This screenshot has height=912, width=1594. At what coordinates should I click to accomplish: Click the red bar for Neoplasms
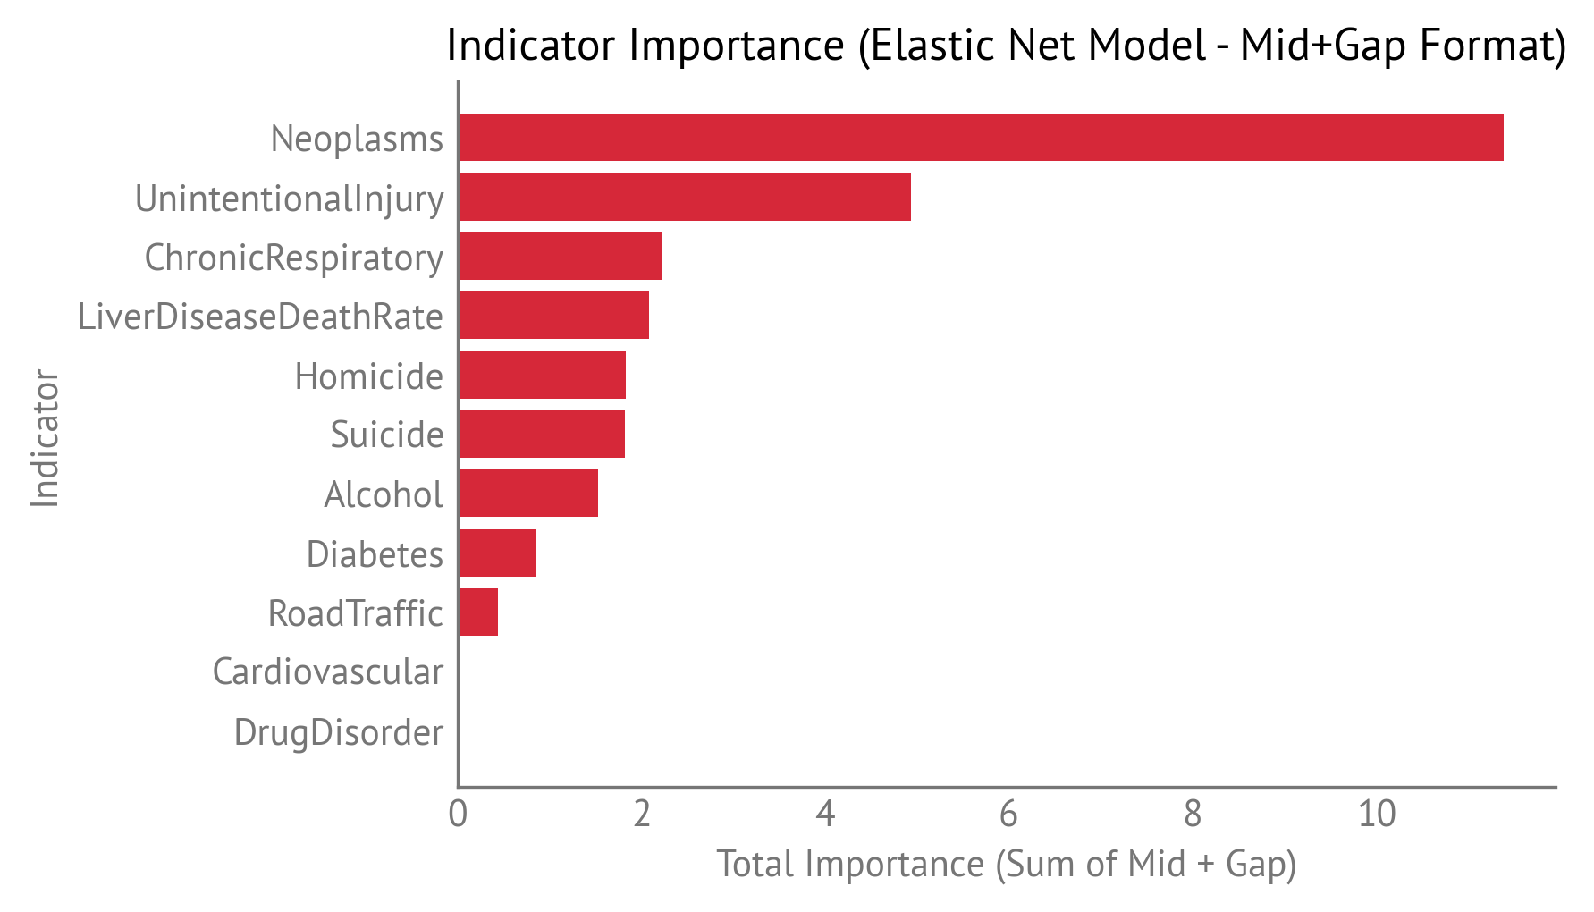[981, 138]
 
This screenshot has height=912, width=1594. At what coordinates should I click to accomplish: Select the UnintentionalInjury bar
[685, 197]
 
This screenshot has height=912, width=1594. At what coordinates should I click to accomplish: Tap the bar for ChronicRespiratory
[560, 257]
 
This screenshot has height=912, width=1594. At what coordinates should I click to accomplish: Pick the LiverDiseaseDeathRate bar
[553, 316]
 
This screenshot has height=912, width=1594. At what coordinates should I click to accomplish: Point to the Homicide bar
[542, 376]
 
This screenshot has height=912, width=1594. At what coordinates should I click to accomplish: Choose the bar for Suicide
[542, 435]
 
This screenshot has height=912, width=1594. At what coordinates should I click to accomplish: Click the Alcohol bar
[528, 494]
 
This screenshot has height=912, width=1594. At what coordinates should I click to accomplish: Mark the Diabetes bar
[497, 553]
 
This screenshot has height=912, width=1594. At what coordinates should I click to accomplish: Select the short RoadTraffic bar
[478, 612]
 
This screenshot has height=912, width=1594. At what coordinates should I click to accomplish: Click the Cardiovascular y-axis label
[327, 672]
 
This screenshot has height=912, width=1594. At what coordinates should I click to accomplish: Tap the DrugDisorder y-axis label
[338, 732]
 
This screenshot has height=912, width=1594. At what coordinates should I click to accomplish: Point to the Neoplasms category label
[357, 139]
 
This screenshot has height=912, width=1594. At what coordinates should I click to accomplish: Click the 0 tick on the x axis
[458, 815]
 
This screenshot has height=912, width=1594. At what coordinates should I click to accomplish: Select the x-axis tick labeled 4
[825, 815]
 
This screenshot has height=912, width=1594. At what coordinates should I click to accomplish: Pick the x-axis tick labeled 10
[1377, 815]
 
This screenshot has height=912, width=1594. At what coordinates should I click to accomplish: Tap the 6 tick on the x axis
[1008, 815]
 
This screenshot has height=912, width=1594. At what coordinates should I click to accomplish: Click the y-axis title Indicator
[45, 438]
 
